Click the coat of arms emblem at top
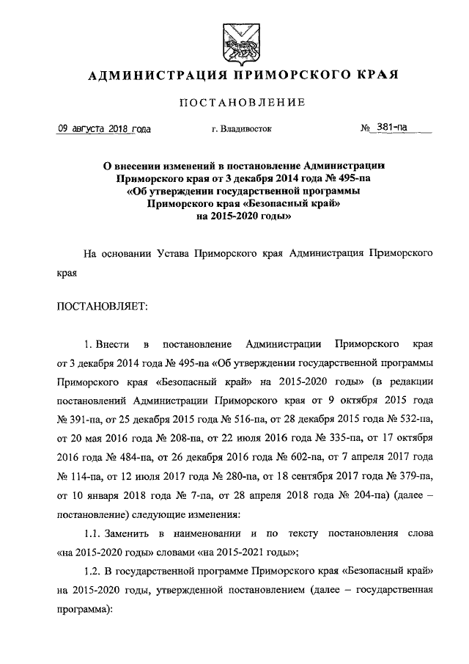pyautogui.click(x=235, y=40)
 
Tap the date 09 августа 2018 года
pyautogui.click(x=104, y=128)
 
